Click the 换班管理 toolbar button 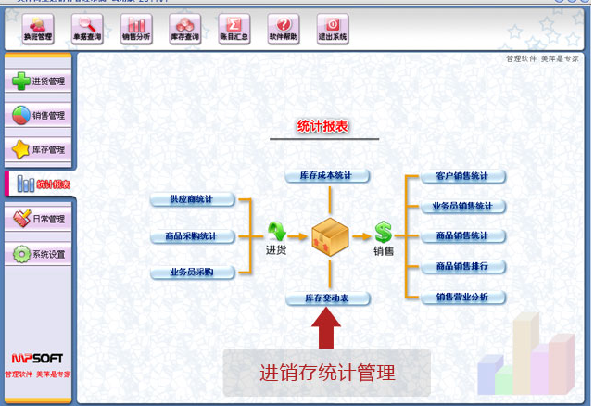point(38,29)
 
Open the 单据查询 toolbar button point(87,29)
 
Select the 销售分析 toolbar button point(137,29)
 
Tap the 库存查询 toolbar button point(186,29)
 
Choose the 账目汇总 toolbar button point(235,29)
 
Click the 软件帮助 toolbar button point(284,29)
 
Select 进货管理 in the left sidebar point(38,82)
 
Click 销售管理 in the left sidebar point(38,116)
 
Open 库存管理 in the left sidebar point(38,149)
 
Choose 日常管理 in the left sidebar point(38,220)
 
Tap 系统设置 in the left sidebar point(38,254)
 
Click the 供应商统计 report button point(193,200)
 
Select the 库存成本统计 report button point(327,176)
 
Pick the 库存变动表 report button point(327,299)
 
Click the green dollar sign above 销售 point(384,232)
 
